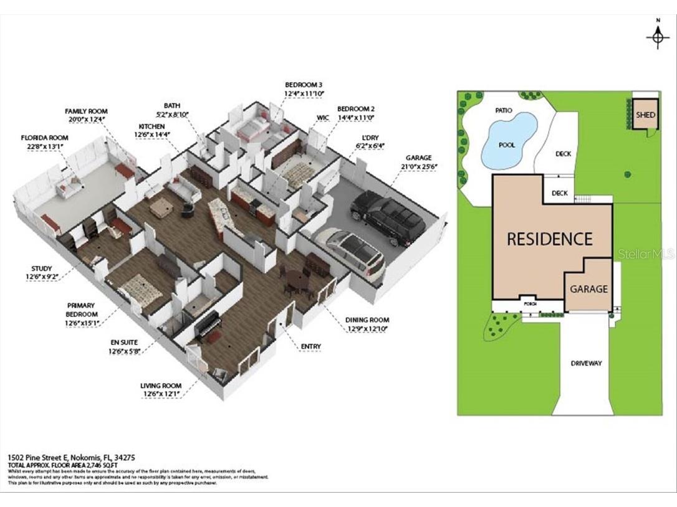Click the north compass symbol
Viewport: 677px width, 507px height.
point(657,37)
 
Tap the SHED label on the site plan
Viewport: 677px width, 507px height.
point(646,115)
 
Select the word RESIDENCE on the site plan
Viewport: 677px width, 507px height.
point(549,239)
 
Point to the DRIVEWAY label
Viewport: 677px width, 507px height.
point(587,363)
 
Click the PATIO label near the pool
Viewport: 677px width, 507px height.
point(503,110)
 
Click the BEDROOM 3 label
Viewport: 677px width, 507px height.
point(304,84)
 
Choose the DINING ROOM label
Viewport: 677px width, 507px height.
point(367,320)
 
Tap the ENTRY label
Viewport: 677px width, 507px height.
point(310,347)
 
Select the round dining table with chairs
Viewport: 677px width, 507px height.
point(298,280)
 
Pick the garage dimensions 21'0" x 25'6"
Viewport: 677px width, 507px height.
point(418,166)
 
